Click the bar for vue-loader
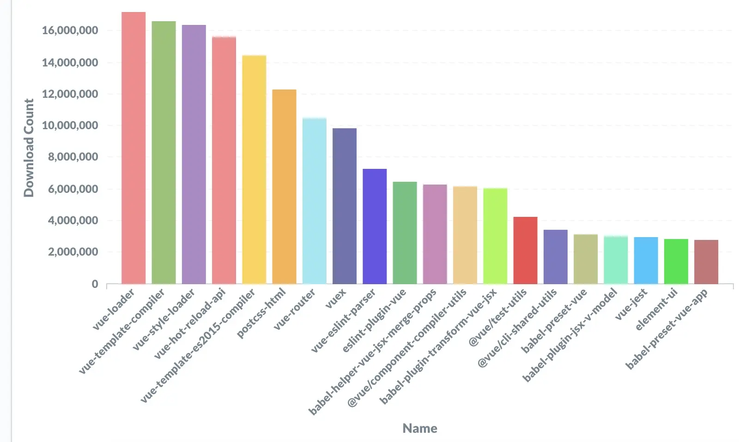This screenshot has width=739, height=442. [x=133, y=148]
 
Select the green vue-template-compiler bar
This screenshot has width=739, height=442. [x=164, y=153]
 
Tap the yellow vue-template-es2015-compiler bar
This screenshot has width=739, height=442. [x=254, y=170]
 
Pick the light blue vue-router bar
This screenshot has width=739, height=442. [x=315, y=201]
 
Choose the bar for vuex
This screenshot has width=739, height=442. [x=345, y=206]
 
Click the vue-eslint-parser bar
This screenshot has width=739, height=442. [x=375, y=227]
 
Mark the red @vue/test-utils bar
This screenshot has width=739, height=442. [x=525, y=251]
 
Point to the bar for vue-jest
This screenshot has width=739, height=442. [x=646, y=261]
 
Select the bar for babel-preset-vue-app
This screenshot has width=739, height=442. [x=706, y=262]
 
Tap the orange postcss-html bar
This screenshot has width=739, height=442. [x=285, y=187]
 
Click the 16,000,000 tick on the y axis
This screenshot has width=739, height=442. [x=70, y=30]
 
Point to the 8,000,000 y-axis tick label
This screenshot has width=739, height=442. [x=73, y=157]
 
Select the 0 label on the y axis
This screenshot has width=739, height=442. [x=95, y=284]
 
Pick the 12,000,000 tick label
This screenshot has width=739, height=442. [x=70, y=94]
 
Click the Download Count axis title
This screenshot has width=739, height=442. [x=29, y=148]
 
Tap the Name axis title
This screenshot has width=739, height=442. [x=420, y=428]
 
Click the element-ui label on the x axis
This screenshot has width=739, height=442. [x=657, y=309]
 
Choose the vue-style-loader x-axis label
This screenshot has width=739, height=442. [x=164, y=319]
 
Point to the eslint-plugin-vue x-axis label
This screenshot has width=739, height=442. [x=374, y=320]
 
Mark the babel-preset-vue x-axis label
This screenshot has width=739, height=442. [x=554, y=320]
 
